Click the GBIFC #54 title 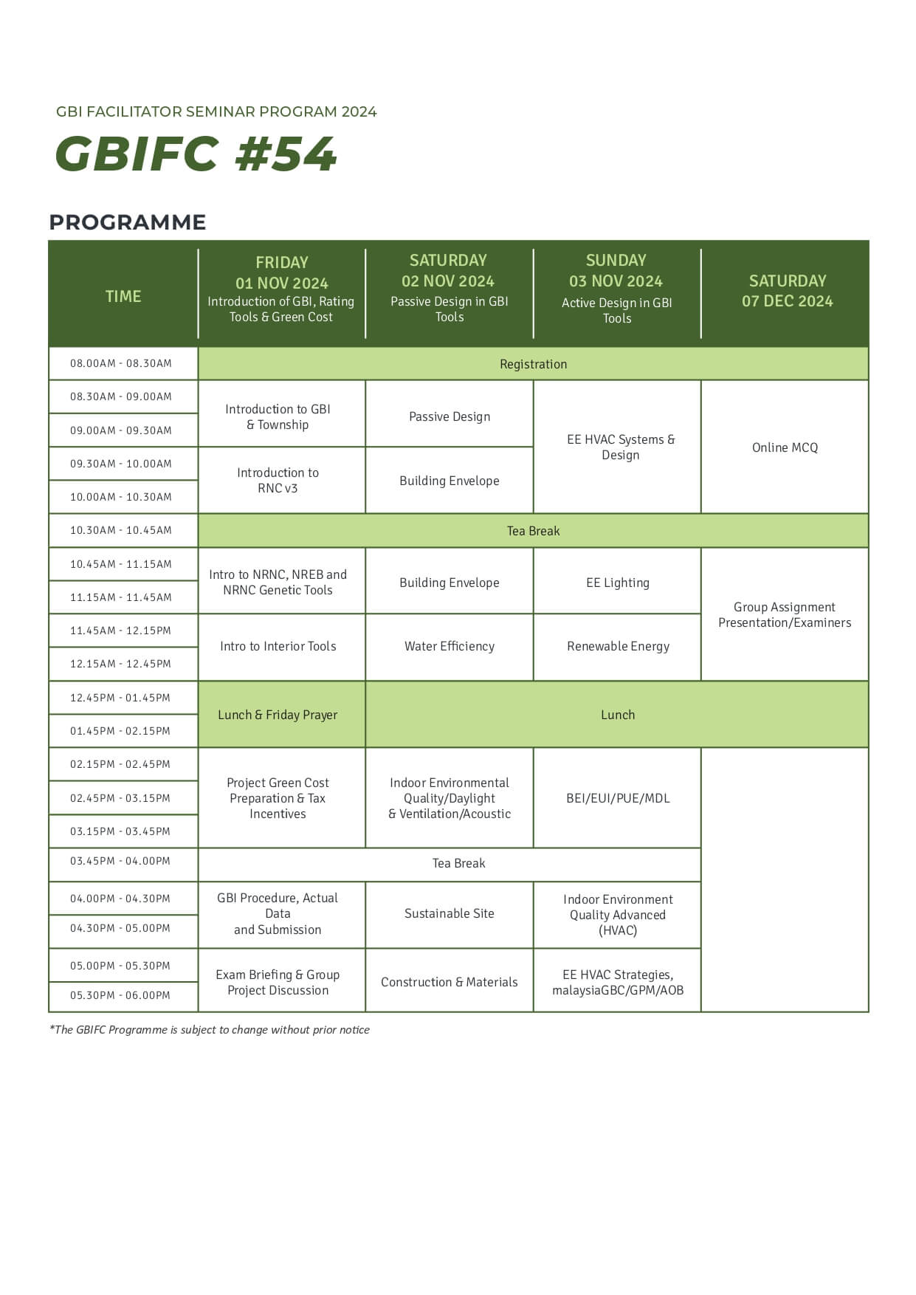click(x=196, y=154)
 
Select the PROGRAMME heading click(x=128, y=222)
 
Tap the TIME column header click(x=123, y=296)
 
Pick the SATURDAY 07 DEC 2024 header click(x=787, y=291)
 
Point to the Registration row click(x=533, y=364)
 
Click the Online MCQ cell click(x=785, y=447)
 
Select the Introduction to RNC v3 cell click(x=278, y=480)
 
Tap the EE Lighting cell click(x=617, y=583)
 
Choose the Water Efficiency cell click(x=449, y=646)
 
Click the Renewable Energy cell click(x=618, y=646)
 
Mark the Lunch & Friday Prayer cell click(x=278, y=715)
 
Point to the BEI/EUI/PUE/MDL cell click(x=618, y=798)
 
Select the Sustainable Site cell click(x=449, y=913)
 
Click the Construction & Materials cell click(x=449, y=982)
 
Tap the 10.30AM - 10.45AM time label click(x=121, y=530)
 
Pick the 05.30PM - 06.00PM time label click(x=120, y=995)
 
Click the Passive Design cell click(x=449, y=416)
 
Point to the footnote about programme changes click(x=210, y=1029)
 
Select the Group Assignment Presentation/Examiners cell click(x=785, y=614)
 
